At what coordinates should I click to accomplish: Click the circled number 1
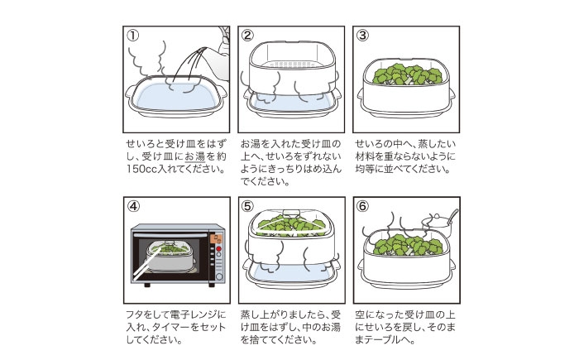pos(134,36)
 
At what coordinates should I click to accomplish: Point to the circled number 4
pos(134,206)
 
